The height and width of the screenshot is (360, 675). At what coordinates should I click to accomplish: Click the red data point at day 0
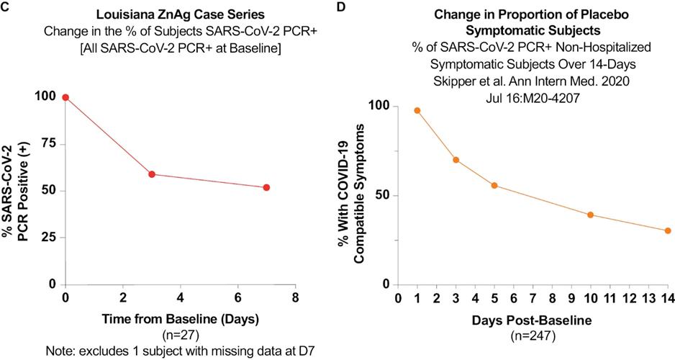click(65, 97)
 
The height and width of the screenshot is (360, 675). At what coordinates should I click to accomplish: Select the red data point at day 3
click(152, 174)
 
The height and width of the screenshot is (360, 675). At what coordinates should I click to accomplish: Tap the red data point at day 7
click(266, 187)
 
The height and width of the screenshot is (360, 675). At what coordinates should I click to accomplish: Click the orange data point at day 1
click(417, 110)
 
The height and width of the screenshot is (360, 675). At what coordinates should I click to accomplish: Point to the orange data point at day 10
click(590, 215)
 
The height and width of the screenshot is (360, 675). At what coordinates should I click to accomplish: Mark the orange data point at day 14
click(668, 230)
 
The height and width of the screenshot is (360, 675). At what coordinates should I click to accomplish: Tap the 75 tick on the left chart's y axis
click(49, 144)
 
